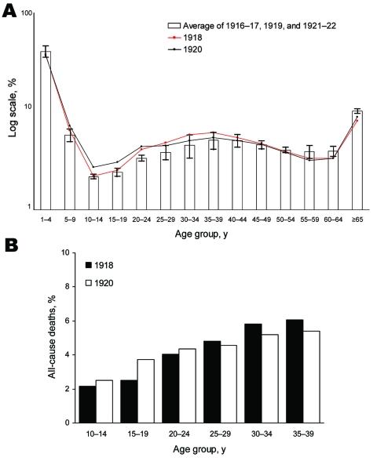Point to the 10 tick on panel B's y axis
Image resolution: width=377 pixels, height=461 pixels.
69,252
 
